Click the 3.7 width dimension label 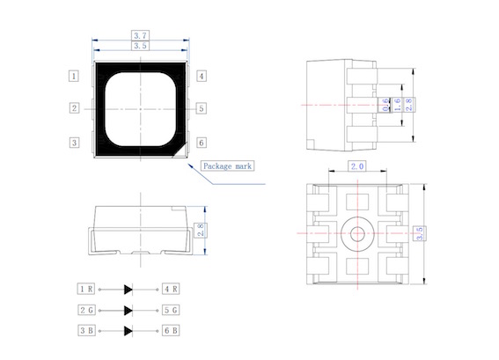pos(140,35)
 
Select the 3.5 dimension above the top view pos(140,46)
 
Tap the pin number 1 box pos(74,76)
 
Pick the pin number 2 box pos(74,108)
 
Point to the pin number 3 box pos(74,143)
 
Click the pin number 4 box pos(202,76)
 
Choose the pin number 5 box pos(202,108)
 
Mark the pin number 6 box pos(202,143)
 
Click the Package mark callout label pos(227,165)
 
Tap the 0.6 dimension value pos(385,105)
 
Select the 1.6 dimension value pos(397,105)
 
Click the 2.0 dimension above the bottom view pos(357,165)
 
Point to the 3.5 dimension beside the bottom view pos(420,233)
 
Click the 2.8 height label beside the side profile pos(201,230)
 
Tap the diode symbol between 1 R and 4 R pos(128,290)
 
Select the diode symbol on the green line pos(128,311)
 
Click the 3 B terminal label pos(86,330)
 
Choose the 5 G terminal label pos(171,310)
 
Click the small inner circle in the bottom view pos(357,234)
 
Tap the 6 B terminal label pos(171,330)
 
